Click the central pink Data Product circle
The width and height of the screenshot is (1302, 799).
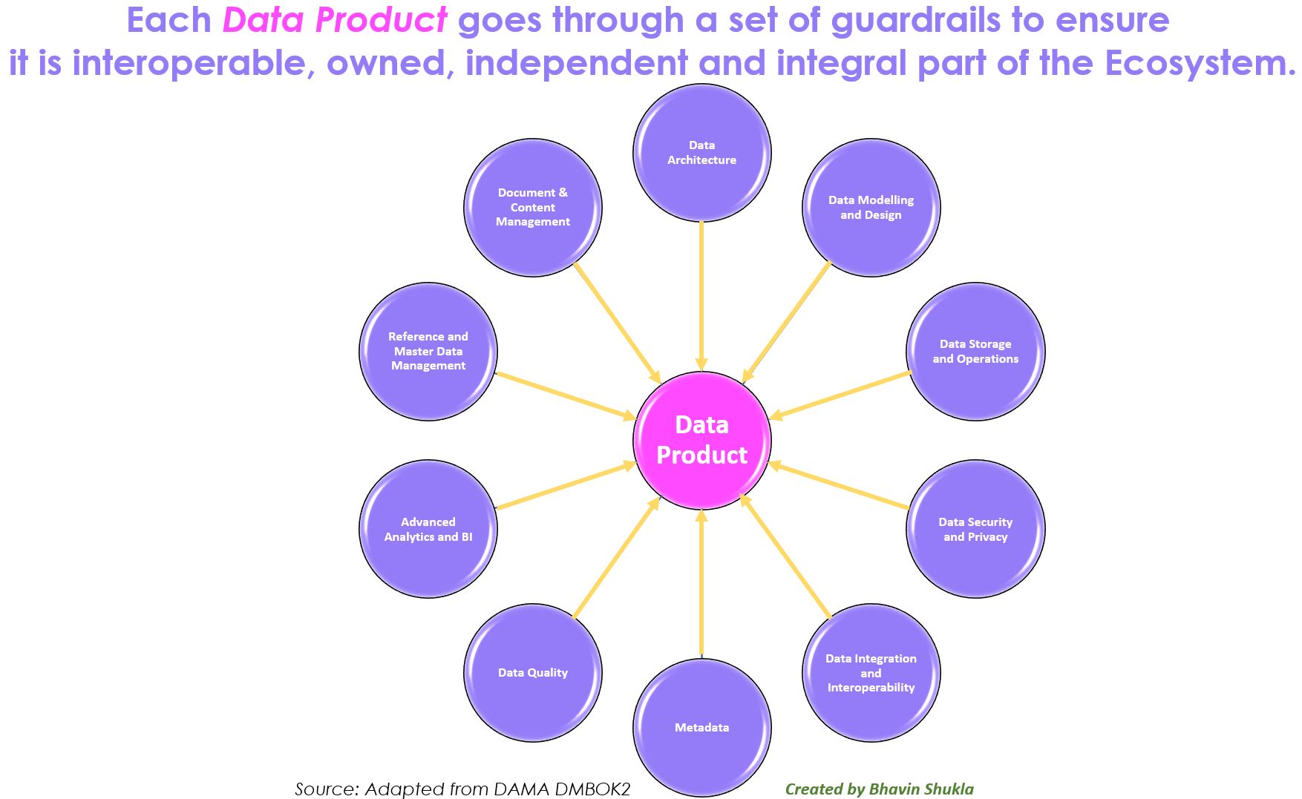(x=701, y=440)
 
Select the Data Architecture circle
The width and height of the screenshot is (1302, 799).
(x=701, y=153)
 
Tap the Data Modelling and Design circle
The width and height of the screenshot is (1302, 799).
(x=871, y=208)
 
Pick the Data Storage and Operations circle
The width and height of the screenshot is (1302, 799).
(x=975, y=352)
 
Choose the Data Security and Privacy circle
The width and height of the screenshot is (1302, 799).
(x=975, y=529)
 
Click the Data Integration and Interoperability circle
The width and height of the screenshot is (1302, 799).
(x=871, y=673)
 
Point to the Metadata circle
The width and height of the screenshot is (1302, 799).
(x=701, y=728)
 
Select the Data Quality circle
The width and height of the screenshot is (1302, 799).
(x=533, y=673)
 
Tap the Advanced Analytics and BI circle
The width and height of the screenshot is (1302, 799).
(x=428, y=529)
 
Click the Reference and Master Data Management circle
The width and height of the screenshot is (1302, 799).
(x=428, y=352)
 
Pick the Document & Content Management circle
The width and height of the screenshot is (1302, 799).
(x=533, y=208)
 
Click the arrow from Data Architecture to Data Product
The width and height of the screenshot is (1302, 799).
(x=701, y=297)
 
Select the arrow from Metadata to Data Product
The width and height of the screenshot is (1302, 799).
(x=701, y=586)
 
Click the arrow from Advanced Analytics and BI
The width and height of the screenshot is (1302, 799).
(x=564, y=487)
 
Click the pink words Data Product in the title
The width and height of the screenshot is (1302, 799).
(x=335, y=20)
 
